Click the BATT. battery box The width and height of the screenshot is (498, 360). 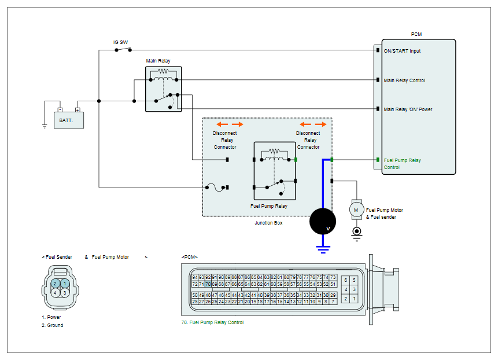(69, 120)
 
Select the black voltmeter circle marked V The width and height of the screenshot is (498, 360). (323, 222)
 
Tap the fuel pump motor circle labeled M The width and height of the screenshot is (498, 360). (356, 210)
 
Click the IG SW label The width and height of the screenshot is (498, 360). (121, 42)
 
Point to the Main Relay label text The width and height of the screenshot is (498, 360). (158, 61)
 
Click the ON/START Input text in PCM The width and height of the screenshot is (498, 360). (402, 51)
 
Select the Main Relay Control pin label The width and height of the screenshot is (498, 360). (404, 80)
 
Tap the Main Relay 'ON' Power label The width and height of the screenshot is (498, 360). (408, 109)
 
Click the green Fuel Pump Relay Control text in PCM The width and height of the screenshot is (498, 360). (402, 164)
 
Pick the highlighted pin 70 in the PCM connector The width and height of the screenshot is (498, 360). (208, 284)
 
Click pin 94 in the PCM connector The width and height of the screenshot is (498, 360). (195, 277)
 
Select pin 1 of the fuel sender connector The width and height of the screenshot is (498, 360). (65, 283)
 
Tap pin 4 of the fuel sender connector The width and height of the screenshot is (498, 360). (56, 293)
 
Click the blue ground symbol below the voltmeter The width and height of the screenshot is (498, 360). (323, 249)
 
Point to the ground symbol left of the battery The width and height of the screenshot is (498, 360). (45, 126)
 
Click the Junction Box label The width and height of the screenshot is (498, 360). (268, 223)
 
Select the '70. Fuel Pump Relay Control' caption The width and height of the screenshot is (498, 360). (212, 322)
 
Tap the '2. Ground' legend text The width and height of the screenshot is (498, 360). (53, 325)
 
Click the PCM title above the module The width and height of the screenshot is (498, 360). (416, 34)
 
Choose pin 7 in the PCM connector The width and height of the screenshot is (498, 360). (333, 302)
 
